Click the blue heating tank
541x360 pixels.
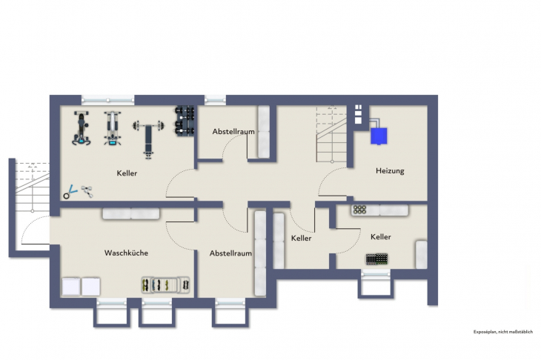click(x=379, y=136)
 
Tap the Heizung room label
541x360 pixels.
click(x=390, y=171)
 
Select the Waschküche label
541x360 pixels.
click(x=126, y=253)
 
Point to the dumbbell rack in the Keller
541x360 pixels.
click(x=184, y=121)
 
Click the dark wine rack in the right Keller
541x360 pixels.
click(x=376, y=259)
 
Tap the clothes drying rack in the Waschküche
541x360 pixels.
click(x=166, y=284)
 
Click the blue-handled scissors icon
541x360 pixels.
click(x=70, y=192)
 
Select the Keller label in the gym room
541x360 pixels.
click(x=127, y=173)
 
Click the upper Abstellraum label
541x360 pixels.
click(x=233, y=131)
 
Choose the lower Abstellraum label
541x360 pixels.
click(x=230, y=253)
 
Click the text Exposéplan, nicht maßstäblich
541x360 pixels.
click(x=503, y=332)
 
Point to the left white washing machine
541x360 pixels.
click(x=71, y=286)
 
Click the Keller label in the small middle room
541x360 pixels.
click(x=302, y=239)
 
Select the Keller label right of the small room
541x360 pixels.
click(x=381, y=237)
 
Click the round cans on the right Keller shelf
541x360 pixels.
click(x=362, y=210)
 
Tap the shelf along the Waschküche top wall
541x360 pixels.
click(x=131, y=213)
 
